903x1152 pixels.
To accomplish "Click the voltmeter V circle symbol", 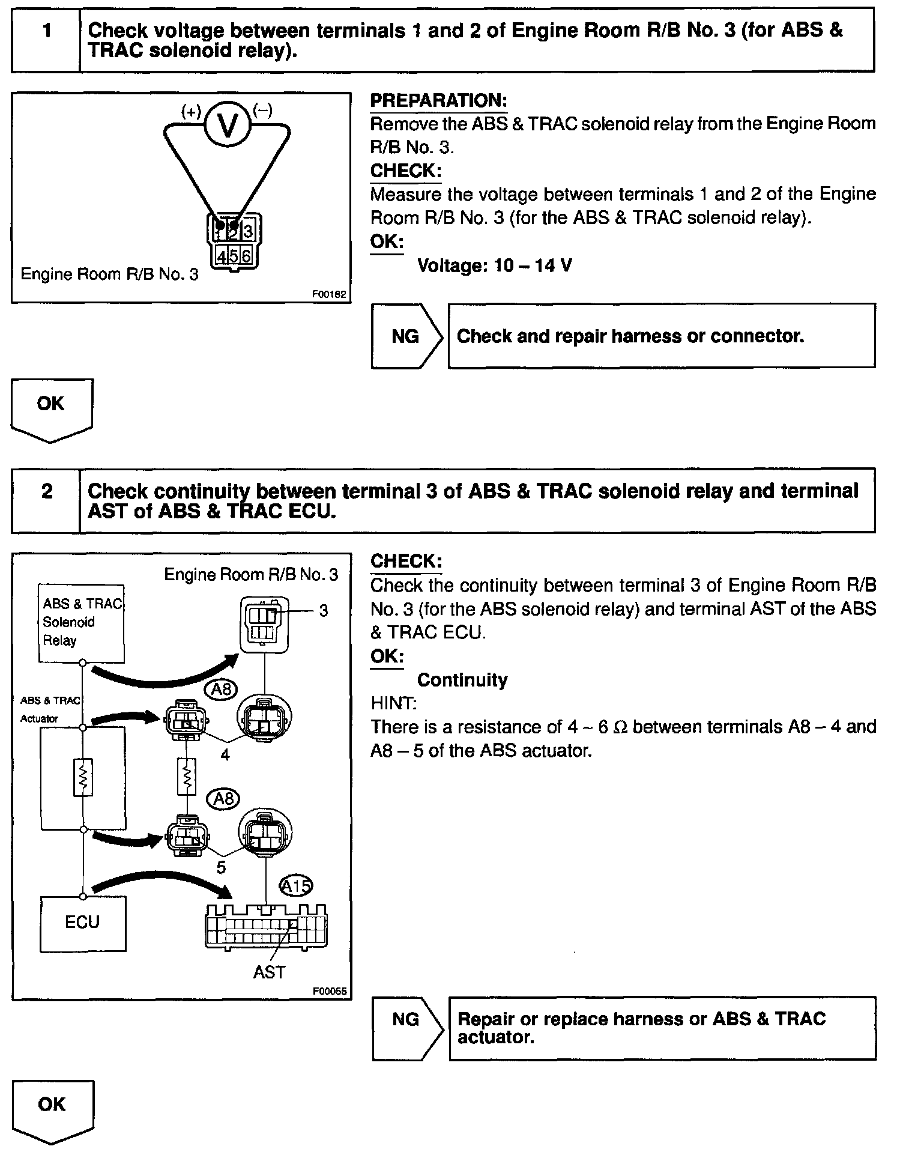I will (x=228, y=125).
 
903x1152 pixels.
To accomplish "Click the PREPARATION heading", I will (x=438, y=100).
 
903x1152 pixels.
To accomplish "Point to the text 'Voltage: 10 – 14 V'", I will (x=494, y=265).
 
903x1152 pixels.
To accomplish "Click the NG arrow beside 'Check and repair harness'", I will (x=406, y=336).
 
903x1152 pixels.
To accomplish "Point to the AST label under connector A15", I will (x=269, y=972).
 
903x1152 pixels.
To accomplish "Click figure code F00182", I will (x=329, y=295).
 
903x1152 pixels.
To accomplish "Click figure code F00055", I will (x=329, y=992).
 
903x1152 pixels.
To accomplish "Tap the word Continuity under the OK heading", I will (x=462, y=680).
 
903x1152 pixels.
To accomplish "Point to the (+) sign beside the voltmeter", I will (x=192, y=111).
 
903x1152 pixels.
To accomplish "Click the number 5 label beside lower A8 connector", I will (x=221, y=867).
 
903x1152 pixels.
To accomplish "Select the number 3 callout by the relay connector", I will (x=324, y=611).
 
